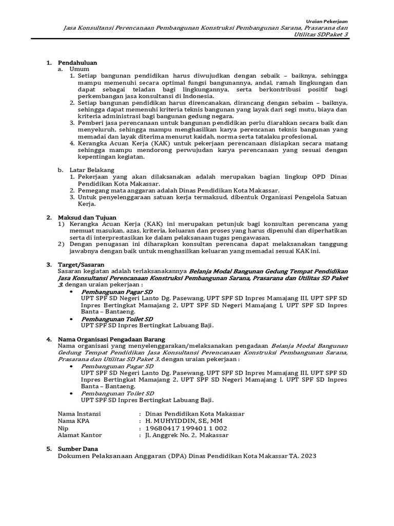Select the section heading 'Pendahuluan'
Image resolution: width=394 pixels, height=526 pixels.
[x=77, y=62]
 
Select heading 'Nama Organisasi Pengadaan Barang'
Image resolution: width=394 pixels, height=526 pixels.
[x=111, y=340]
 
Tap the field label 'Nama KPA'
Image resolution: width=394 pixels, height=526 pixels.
[x=72, y=421]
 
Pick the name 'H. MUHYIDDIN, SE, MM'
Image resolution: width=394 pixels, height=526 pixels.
[x=184, y=421]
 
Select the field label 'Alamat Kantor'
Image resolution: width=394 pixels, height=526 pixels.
[x=80, y=435]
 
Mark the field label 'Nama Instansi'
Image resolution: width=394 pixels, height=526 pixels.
[x=80, y=414]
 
